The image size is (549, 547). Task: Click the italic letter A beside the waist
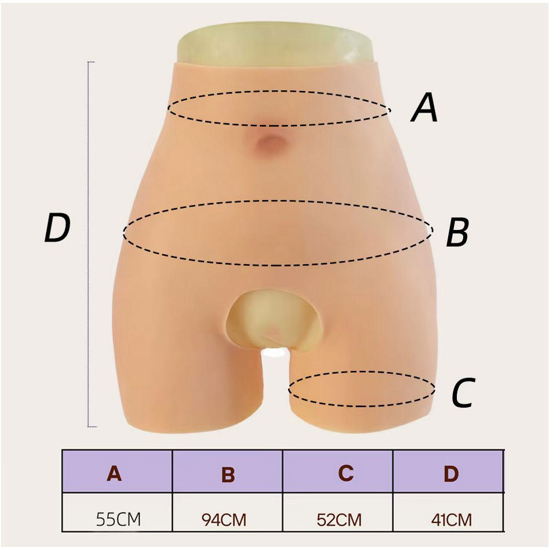click(x=424, y=109)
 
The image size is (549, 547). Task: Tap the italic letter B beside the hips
click(x=457, y=233)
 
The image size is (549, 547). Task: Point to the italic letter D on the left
click(x=57, y=229)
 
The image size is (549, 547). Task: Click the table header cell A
click(x=114, y=474)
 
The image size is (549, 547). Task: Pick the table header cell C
click(x=346, y=474)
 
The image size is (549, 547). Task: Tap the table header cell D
click(x=450, y=474)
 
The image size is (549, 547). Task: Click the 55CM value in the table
click(x=118, y=519)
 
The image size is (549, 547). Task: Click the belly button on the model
click(x=269, y=142)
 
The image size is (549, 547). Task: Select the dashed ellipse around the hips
click(x=278, y=201)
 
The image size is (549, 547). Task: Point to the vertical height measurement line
click(x=88, y=244)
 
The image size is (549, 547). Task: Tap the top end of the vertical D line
click(x=89, y=62)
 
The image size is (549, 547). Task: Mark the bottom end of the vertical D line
click(x=89, y=427)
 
